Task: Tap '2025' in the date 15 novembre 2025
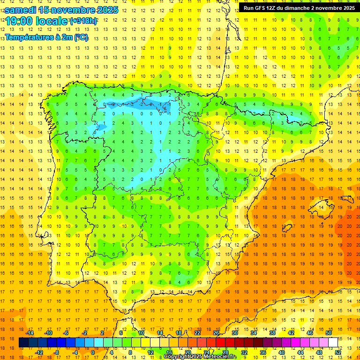(105, 9)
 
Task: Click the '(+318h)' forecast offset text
(83, 21)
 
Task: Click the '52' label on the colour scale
(337, 352)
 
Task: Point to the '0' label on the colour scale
(92, 352)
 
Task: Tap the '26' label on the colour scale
(216, 333)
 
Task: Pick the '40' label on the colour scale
(281, 352)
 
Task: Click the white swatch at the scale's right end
(333, 343)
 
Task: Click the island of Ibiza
(287, 227)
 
